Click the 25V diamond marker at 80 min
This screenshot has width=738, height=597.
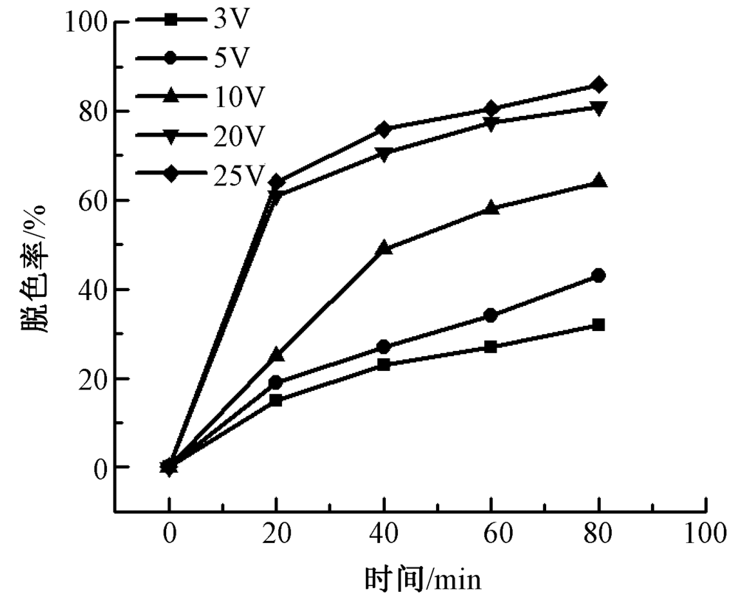(599, 85)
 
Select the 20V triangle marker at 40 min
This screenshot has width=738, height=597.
(384, 154)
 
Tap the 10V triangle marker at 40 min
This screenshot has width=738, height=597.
(384, 248)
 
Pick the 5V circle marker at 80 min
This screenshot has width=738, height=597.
(599, 276)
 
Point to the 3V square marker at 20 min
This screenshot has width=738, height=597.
(276, 400)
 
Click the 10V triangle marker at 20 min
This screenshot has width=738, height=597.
(276, 355)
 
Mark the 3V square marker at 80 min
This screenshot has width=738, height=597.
(599, 325)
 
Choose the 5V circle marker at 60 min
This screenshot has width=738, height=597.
(491, 315)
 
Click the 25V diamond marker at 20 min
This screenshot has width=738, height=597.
(276, 181)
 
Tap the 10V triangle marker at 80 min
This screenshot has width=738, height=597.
(599, 181)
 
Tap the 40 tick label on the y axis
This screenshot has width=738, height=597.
(96, 290)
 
